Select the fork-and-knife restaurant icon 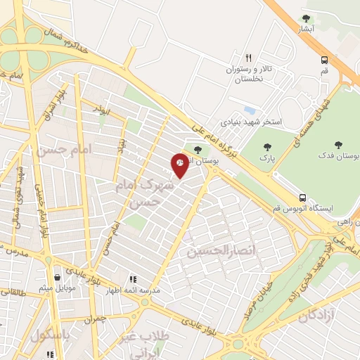tap(248, 58)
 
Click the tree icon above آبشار tap(305, 18)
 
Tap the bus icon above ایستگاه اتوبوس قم tap(302, 197)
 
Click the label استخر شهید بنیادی tap(252, 122)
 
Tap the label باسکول tap(51, 335)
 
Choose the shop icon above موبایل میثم tap(57, 276)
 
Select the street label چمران tap(98, 319)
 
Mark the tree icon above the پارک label tap(266, 147)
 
